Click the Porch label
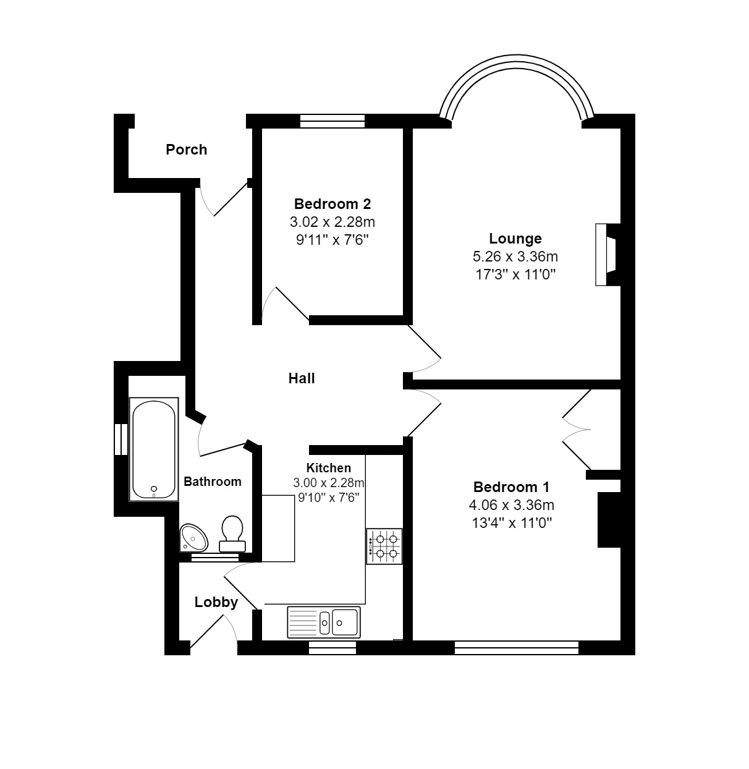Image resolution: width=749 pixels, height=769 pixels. click(x=186, y=150)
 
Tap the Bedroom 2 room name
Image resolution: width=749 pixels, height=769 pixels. click(x=332, y=204)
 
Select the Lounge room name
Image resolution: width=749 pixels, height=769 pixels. click(x=515, y=239)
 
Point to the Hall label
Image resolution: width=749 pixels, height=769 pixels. click(x=302, y=378)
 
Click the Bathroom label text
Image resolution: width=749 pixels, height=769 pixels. click(x=213, y=482)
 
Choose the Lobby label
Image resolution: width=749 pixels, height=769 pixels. click(x=216, y=602)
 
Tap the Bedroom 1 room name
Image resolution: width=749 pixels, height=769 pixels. click(x=511, y=487)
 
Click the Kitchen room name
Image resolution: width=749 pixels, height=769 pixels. click(x=329, y=468)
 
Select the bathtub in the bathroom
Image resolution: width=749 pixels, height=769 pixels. click(x=154, y=449)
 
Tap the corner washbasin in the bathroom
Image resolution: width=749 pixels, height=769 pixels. click(x=193, y=538)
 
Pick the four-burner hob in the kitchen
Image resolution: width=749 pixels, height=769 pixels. click(x=384, y=546)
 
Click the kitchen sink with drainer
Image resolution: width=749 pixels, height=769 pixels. click(x=323, y=622)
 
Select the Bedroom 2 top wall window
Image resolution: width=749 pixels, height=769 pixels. click(x=332, y=121)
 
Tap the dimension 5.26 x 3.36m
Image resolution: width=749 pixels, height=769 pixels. click(x=515, y=257)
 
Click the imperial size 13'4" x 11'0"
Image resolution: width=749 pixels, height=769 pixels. click(x=511, y=523)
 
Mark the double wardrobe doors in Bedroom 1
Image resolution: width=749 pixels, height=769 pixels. click(x=578, y=428)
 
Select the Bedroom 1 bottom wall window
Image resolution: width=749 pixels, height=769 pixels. click(x=517, y=648)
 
